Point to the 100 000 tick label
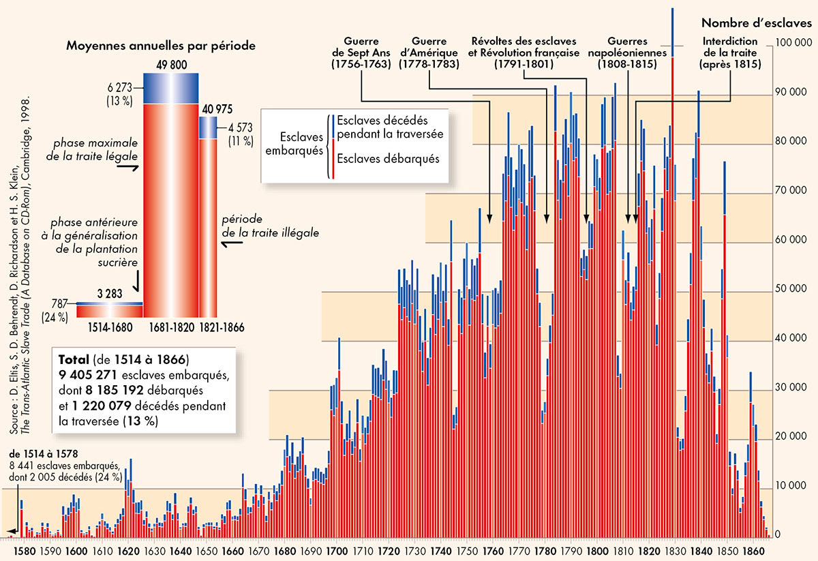click(x=791, y=43)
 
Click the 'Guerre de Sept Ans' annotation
click(x=361, y=52)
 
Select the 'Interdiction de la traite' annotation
click(x=730, y=52)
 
